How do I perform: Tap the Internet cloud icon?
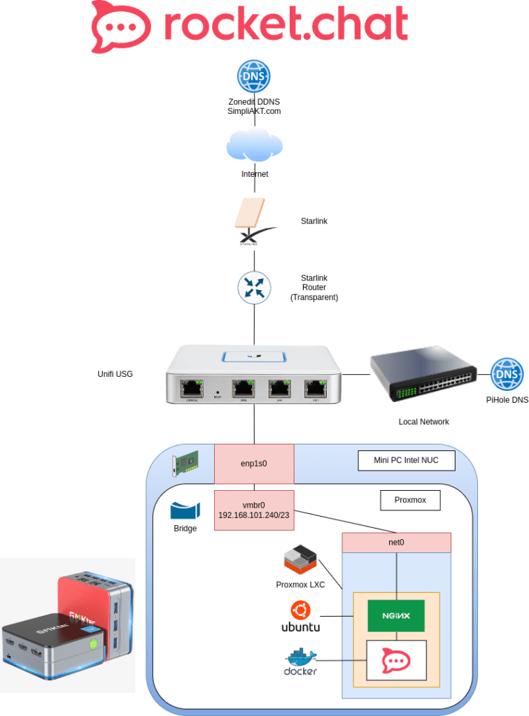point(254,146)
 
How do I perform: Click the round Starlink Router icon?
point(254,287)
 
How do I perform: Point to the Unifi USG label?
point(115,374)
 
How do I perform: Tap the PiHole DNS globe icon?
point(507,375)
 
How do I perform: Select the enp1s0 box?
point(254,464)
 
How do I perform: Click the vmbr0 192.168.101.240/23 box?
point(254,509)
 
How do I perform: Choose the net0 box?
point(397,543)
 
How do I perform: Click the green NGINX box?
point(397,616)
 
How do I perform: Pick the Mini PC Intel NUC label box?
point(406,461)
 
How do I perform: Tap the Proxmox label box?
point(412,501)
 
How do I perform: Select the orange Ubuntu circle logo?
point(301,610)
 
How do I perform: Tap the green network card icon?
point(185,462)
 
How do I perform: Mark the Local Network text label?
point(424,422)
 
